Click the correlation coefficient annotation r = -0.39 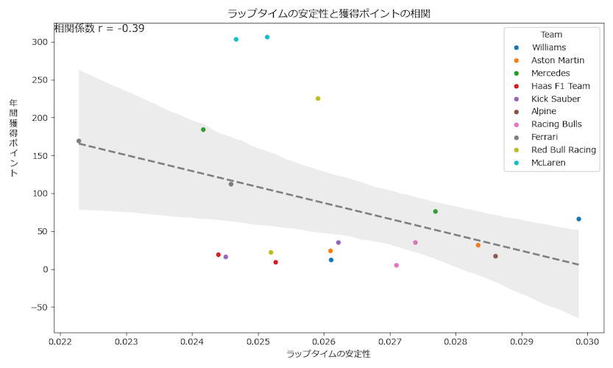coord(99,29)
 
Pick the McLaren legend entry coord(548,163)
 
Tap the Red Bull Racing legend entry coord(564,149)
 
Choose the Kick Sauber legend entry coord(556,99)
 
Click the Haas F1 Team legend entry coord(560,86)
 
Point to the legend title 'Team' coord(551,35)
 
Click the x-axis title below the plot coord(328,354)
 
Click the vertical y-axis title coord(14,137)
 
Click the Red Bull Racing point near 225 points coord(318,99)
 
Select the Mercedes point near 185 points coord(203,130)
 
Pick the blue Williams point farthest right coord(578,219)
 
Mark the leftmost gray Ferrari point coord(79,141)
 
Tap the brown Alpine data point coord(495,256)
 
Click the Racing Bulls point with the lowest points coord(396,266)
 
